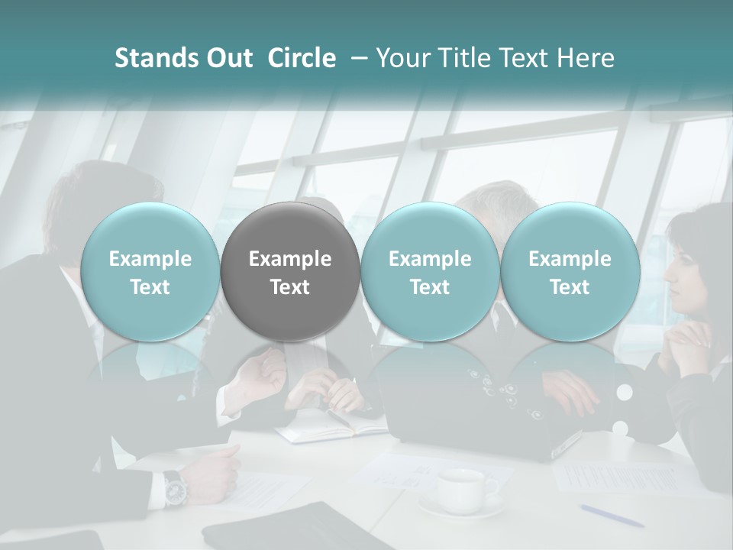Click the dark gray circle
290,271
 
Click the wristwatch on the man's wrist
175,488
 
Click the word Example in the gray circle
290,259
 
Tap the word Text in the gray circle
290,287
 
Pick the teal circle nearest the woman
570,271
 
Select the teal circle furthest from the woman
150,271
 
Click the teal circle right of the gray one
430,271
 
